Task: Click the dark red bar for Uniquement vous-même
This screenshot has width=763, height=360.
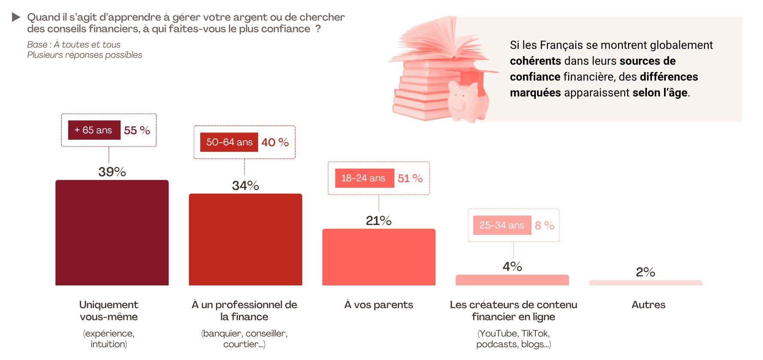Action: tap(112, 233)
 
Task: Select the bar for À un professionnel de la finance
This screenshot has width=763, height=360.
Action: tap(245, 240)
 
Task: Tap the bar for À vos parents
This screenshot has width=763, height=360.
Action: tap(378, 257)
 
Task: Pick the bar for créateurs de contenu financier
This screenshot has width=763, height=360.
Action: tap(512, 280)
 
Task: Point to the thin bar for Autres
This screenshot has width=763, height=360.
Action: tap(646, 283)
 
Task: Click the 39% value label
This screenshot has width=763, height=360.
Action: tap(112, 172)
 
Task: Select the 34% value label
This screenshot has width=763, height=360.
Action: tap(245, 186)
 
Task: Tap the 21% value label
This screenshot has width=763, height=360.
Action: tap(378, 221)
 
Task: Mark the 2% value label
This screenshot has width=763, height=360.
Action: tap(645, 272)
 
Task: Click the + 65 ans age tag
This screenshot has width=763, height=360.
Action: tap(94, 130)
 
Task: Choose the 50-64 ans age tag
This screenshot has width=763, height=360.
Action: tap(229, 142)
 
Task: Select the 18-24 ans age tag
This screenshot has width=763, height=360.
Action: tap(364, 178)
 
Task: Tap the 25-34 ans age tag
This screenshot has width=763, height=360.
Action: tap(502, 225)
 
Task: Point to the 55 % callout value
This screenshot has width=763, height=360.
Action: tap(137, 130)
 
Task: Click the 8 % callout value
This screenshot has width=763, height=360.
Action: tap(544, 225)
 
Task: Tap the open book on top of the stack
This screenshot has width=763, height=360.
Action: tap(437, 43)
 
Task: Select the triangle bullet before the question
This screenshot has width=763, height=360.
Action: tap(16, 17)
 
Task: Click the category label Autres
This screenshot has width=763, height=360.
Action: tap(648, 305)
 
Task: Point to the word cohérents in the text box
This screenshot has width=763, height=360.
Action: tap(535, 61)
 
